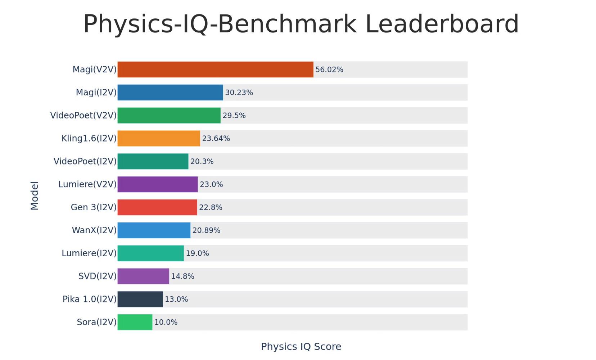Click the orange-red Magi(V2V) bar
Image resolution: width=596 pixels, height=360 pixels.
pos(215,69)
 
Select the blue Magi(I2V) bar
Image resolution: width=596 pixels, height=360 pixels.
pos(170,93)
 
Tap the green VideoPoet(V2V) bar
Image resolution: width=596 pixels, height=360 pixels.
pos(169,116)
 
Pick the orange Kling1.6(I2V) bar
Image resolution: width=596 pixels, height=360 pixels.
pos(159,139)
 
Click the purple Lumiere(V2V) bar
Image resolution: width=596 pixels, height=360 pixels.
pos(158,184)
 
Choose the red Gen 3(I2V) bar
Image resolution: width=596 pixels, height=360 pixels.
pos(157,207)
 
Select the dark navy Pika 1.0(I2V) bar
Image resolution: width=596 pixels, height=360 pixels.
pos(140,299)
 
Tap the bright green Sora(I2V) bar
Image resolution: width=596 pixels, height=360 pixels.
pos(135,322)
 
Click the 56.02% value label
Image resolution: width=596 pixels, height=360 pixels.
pos(329,69)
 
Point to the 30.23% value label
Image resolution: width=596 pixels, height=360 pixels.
pos(239,93)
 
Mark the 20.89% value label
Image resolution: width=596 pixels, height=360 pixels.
pos(206,230)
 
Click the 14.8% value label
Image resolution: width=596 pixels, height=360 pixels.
pos(182,276)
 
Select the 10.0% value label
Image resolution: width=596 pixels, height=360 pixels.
pos(166,322)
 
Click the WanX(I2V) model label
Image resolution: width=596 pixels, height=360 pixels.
pos(94,230)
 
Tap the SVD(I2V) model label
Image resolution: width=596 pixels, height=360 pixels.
pos(98,276)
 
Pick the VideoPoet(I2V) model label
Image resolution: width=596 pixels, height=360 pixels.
pos(85,161)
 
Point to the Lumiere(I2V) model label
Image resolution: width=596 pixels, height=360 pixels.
pos(89,253)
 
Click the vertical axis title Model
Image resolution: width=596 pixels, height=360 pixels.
pos(35,195)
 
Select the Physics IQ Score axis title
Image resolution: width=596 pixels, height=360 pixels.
pos(301,347)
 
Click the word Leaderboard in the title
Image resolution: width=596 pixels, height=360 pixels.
pos(442,24)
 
